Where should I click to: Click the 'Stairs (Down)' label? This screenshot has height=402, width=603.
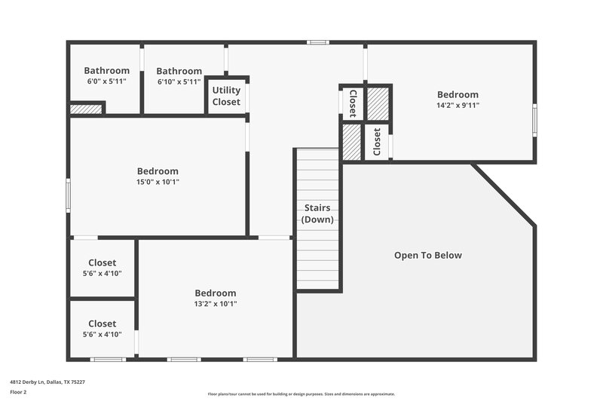click(x=317, y=213)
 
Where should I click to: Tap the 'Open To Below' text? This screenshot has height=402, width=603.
click(x=427, y=255)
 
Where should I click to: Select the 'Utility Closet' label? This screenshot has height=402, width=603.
click(x=226, y=96)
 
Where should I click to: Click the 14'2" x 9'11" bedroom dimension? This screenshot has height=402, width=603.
click(x=458, y=106)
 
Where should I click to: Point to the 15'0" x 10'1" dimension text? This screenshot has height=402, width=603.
click(x=158, y=182)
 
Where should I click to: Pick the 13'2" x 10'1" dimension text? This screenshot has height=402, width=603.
click(x=216, y=304)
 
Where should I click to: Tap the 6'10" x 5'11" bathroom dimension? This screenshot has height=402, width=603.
click(x=179, y=81)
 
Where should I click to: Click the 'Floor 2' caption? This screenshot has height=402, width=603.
click(x=18, y=392)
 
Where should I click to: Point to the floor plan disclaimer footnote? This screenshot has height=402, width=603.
click(x=301, y=394)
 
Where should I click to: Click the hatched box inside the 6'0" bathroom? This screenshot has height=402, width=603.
click(x=86, y=109)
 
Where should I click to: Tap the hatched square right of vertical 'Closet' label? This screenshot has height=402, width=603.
click(x=377, y=103)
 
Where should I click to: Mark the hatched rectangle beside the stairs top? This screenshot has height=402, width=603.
click(x=352, y=141)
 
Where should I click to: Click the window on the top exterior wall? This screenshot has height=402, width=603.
click(x=317, y=42)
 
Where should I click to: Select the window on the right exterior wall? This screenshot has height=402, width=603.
click(x=535, y=121)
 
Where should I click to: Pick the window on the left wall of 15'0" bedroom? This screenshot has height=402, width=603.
click(x=68, y=195)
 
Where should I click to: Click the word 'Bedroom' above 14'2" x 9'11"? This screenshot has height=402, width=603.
click(x=458, y=94)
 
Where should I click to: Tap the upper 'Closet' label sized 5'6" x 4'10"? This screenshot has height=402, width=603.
click(x=103, y=262)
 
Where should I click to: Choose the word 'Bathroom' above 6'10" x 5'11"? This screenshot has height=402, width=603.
click(x=179, y=71)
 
